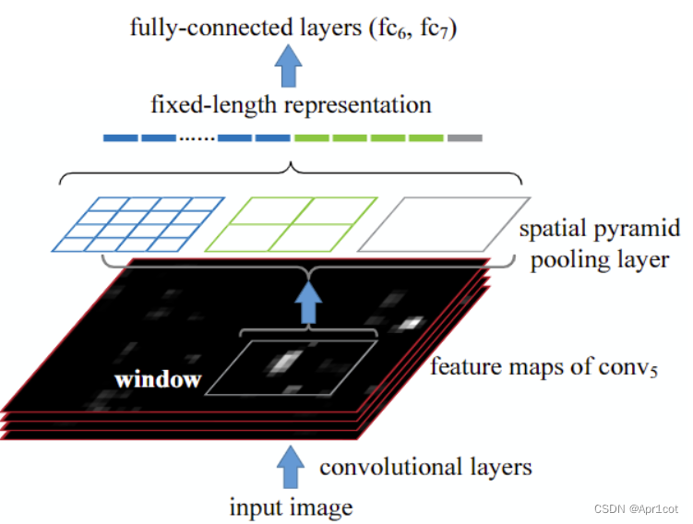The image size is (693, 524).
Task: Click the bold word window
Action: coord(158,380)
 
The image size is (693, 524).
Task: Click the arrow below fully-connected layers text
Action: coord(291,65)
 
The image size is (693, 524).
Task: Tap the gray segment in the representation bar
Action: coord(464,138)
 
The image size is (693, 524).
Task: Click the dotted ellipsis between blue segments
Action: coord(197,138)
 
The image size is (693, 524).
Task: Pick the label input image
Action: coord(291,506)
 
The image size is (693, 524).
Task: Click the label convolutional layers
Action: coord(425,467)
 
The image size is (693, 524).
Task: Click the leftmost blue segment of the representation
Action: coord(120,138)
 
